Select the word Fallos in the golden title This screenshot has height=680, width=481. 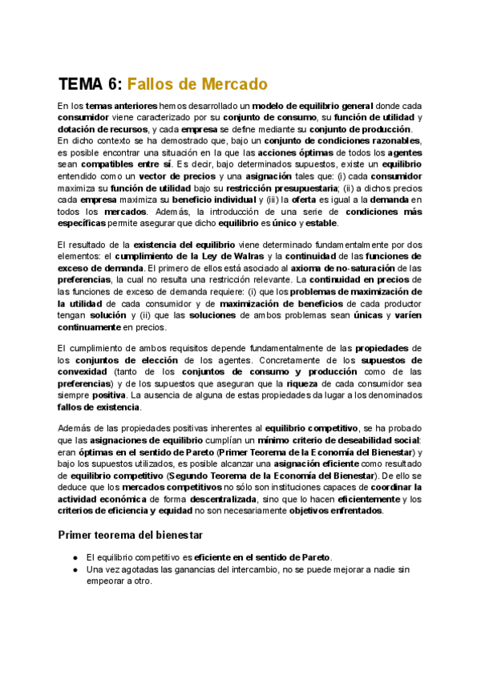point(156,84)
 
